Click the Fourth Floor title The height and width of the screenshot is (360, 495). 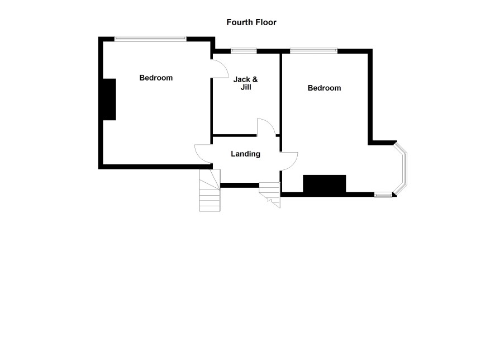[x=251, y=22]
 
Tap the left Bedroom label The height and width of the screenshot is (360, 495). [x=156, y=78]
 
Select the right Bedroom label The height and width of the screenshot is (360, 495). [x=324, y=88]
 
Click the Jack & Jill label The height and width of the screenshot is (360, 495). [x=245, y=83]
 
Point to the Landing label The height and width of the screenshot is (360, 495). [x=246, y=154]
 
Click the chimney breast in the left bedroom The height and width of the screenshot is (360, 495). [x=110, y=100]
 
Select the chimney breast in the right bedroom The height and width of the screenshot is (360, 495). [x=324, y=183]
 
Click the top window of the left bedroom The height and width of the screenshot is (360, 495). [x=150, y=39]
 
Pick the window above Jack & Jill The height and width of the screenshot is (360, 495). [x=244, y=50]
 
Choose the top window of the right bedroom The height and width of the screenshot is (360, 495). [x=313, y=50]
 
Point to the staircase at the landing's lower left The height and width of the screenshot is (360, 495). [x=210, y=191]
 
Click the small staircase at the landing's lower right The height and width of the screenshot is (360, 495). [x=270, y=193]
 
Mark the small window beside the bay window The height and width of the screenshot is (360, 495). [x=383, y=196]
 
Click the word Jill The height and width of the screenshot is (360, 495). [x=246, y=87]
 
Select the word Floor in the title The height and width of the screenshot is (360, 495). [x=265, y=22]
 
